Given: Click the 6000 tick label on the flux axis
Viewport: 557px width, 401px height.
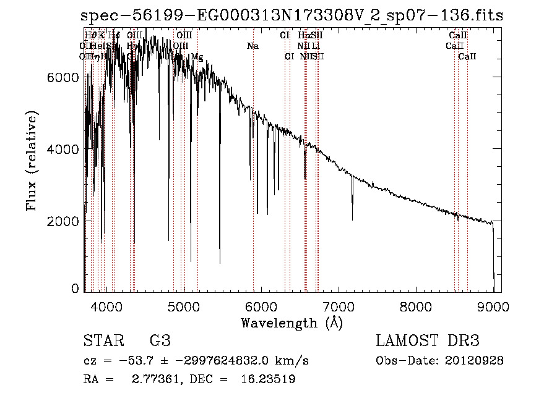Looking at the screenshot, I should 64,77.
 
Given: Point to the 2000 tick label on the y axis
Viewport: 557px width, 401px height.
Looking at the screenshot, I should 64,221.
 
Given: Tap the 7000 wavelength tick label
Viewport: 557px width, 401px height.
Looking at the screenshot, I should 339,306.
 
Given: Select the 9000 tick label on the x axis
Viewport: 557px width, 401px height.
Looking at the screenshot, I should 493,306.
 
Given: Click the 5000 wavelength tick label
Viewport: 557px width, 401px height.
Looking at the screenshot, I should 183,306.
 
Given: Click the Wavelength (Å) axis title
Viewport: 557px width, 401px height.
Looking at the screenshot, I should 291,323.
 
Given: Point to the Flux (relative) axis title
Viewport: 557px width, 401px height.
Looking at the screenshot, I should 31,161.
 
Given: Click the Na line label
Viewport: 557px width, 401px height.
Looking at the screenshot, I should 253,46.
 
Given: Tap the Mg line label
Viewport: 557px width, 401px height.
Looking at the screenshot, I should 197,57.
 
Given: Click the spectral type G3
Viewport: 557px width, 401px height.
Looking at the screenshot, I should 159,341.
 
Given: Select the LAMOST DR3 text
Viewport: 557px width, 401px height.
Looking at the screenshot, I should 428,341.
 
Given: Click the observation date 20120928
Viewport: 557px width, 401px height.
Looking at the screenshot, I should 475,361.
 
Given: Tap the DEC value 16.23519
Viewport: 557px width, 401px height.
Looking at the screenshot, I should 267,379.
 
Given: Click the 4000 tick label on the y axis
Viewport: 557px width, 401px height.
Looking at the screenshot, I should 64,149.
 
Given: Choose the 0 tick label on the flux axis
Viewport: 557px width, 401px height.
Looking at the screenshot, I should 76,289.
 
